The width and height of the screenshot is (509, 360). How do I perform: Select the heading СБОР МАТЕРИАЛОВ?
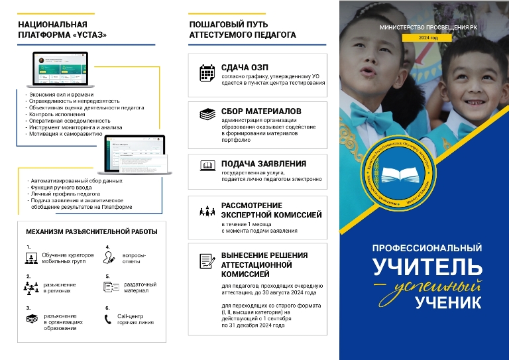261,111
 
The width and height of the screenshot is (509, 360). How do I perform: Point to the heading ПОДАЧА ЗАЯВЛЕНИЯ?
263,164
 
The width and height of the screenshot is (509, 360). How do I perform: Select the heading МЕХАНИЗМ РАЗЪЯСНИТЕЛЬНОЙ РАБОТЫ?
91,232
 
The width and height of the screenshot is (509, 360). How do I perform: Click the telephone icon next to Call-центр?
109,320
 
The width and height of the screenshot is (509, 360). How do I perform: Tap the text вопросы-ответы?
135,258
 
